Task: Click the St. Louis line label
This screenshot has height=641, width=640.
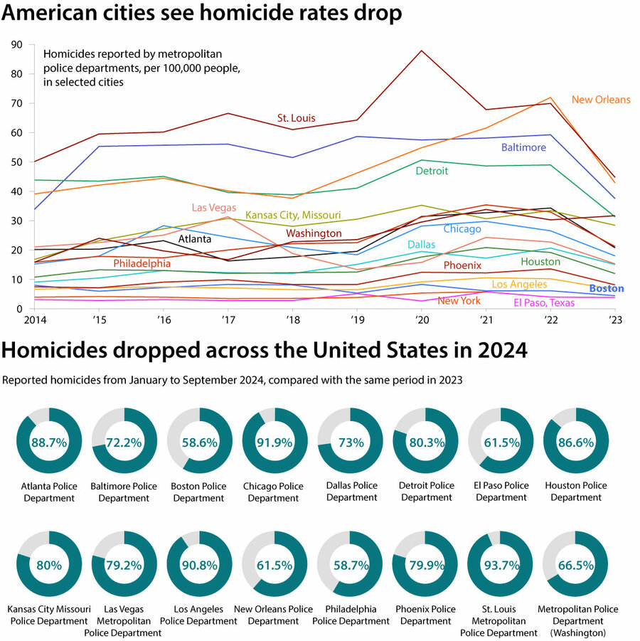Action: click(x=296, y=118)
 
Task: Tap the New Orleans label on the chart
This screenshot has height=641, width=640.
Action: click(x=601, y=100)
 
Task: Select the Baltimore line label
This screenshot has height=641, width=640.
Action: click(x=523, y=148)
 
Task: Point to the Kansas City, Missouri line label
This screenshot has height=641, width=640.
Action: click(x=293, y=215)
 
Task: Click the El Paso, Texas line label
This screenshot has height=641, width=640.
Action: click(x=544, y=303)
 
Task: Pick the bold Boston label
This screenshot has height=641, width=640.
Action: click(x=606, y=289)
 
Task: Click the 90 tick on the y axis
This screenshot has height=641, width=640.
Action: click(x=17, y=45)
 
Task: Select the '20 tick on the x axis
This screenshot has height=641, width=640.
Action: click(x=422, y=320)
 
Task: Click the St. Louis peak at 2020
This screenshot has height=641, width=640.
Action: click(x=422, y=51)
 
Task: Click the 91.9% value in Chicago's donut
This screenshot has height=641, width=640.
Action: click(x=275, y=442)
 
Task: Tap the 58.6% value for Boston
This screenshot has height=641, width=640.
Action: click(x=200, y=442)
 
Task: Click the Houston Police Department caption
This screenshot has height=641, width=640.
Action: click(x=576, y=492)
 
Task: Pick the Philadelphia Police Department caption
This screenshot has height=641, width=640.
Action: click(x=350, y=615)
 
